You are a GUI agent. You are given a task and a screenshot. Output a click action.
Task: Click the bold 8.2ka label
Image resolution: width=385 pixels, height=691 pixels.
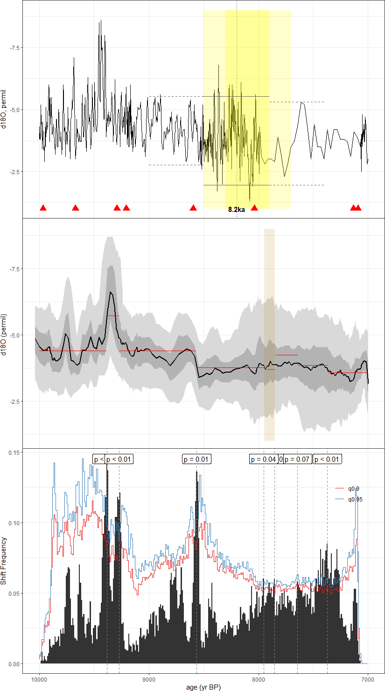coord(236,210)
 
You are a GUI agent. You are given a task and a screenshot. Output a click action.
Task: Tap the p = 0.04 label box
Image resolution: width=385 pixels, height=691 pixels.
coord(264,459)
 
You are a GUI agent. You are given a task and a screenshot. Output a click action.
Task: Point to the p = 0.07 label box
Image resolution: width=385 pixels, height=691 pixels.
coord(297,459)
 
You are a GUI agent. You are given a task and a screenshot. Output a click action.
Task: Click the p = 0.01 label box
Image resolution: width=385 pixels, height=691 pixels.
coord(196,459)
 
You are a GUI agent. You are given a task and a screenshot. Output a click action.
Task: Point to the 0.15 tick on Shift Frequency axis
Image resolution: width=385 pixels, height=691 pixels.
coord(14,452)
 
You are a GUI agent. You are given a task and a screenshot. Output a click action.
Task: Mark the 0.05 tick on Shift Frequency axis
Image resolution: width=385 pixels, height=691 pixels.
coord(14,593)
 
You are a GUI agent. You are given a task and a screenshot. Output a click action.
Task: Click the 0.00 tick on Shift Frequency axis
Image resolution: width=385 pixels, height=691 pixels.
coord(14,664)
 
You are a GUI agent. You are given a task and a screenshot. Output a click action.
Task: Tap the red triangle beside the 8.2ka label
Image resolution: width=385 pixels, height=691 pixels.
coord(254,208)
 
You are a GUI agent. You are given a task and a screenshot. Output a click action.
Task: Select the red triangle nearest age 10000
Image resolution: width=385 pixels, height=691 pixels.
coord(43,208)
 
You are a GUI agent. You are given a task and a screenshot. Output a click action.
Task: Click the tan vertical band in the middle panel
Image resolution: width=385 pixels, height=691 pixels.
coord(269,334)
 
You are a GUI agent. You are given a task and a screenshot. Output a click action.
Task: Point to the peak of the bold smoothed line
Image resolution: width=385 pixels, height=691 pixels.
coord(111,292)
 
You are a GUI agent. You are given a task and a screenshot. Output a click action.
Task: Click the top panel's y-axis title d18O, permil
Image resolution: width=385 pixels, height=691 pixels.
coord(4,109)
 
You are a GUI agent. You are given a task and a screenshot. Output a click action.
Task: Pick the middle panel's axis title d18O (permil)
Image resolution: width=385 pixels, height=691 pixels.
coord(4,334)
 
